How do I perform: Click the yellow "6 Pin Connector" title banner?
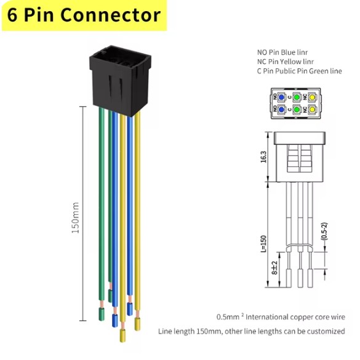84,15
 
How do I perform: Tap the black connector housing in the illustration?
120,81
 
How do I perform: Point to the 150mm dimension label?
76,217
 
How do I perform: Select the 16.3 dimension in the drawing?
263,157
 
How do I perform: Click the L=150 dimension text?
263,244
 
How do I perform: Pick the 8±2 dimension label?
274,268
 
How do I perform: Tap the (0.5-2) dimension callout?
324,231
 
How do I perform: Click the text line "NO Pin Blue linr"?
282,52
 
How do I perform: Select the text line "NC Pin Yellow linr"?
285,62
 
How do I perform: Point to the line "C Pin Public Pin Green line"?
300,71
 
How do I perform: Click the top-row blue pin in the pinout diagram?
281,97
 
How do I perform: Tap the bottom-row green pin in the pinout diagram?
297,110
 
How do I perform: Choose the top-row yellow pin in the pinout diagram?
312,97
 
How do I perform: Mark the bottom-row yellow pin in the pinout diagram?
312,110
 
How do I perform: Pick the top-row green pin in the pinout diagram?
297,97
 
